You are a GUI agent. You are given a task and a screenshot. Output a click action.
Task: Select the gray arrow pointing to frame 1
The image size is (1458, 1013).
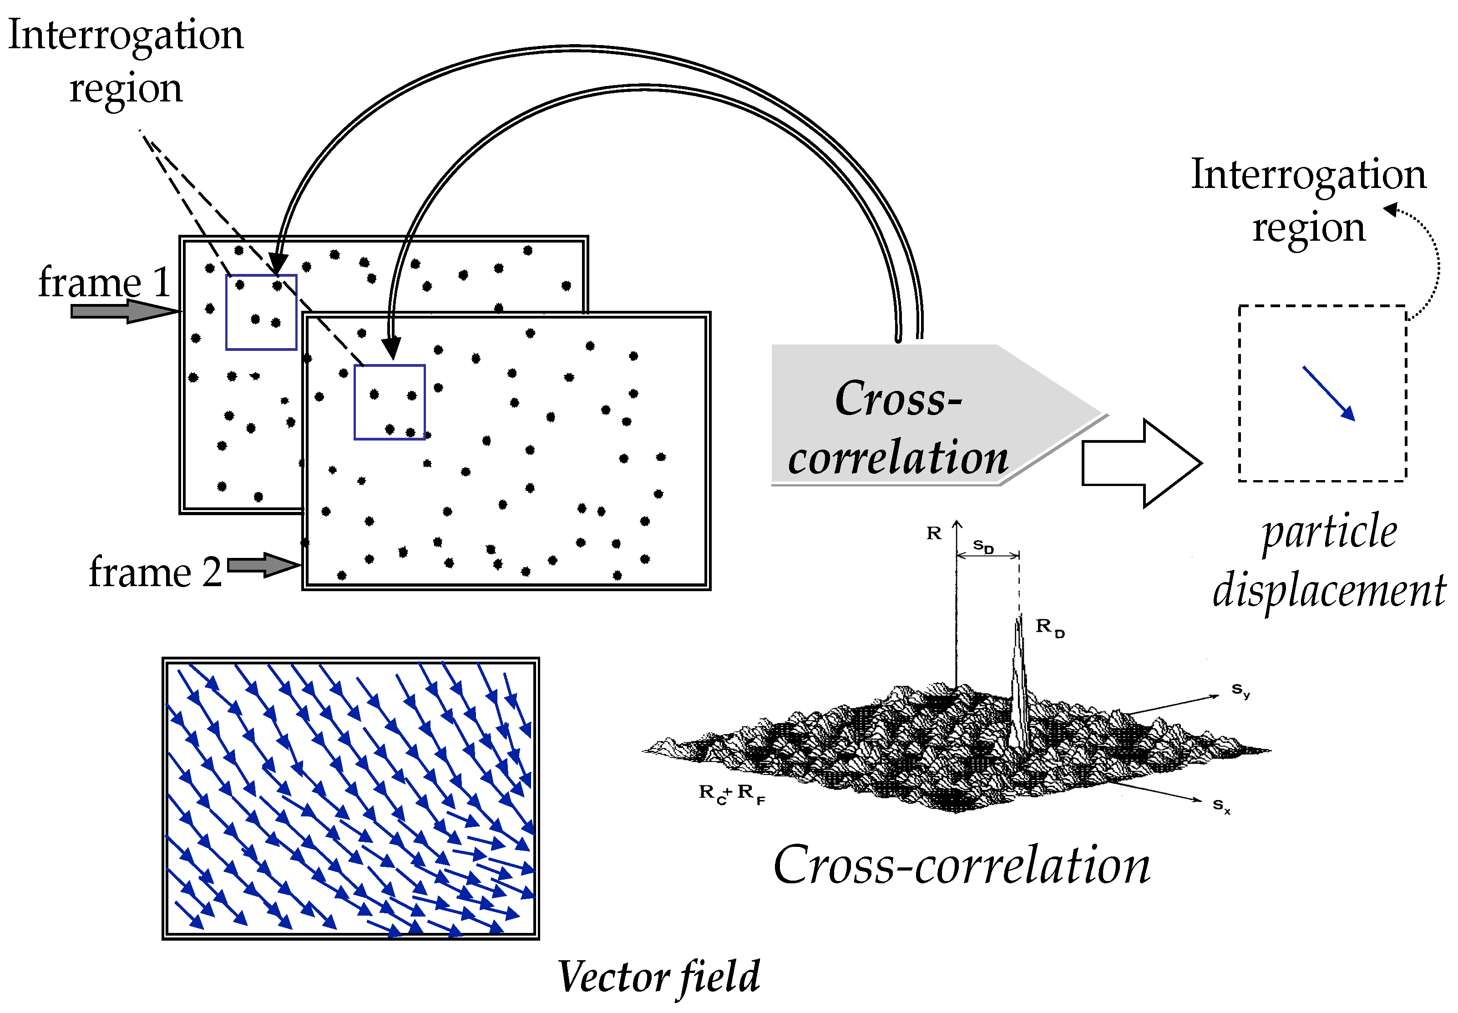124,311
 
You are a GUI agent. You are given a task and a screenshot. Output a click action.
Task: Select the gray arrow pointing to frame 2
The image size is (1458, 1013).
262,564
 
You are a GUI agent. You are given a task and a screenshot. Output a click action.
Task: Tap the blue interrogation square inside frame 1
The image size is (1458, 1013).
261,312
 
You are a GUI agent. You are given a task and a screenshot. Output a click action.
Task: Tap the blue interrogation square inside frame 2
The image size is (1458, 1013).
389,402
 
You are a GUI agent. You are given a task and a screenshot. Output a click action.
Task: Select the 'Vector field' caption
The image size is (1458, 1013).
658,976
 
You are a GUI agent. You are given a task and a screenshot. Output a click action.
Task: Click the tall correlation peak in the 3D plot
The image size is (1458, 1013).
1019,685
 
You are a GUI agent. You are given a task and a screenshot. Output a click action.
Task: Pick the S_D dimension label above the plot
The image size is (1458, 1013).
983,546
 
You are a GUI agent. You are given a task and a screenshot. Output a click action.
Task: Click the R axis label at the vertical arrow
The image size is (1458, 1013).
933,533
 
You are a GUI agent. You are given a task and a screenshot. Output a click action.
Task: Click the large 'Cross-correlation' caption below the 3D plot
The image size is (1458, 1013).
961,865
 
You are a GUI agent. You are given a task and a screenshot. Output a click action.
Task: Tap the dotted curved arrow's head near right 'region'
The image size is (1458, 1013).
1391,209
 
